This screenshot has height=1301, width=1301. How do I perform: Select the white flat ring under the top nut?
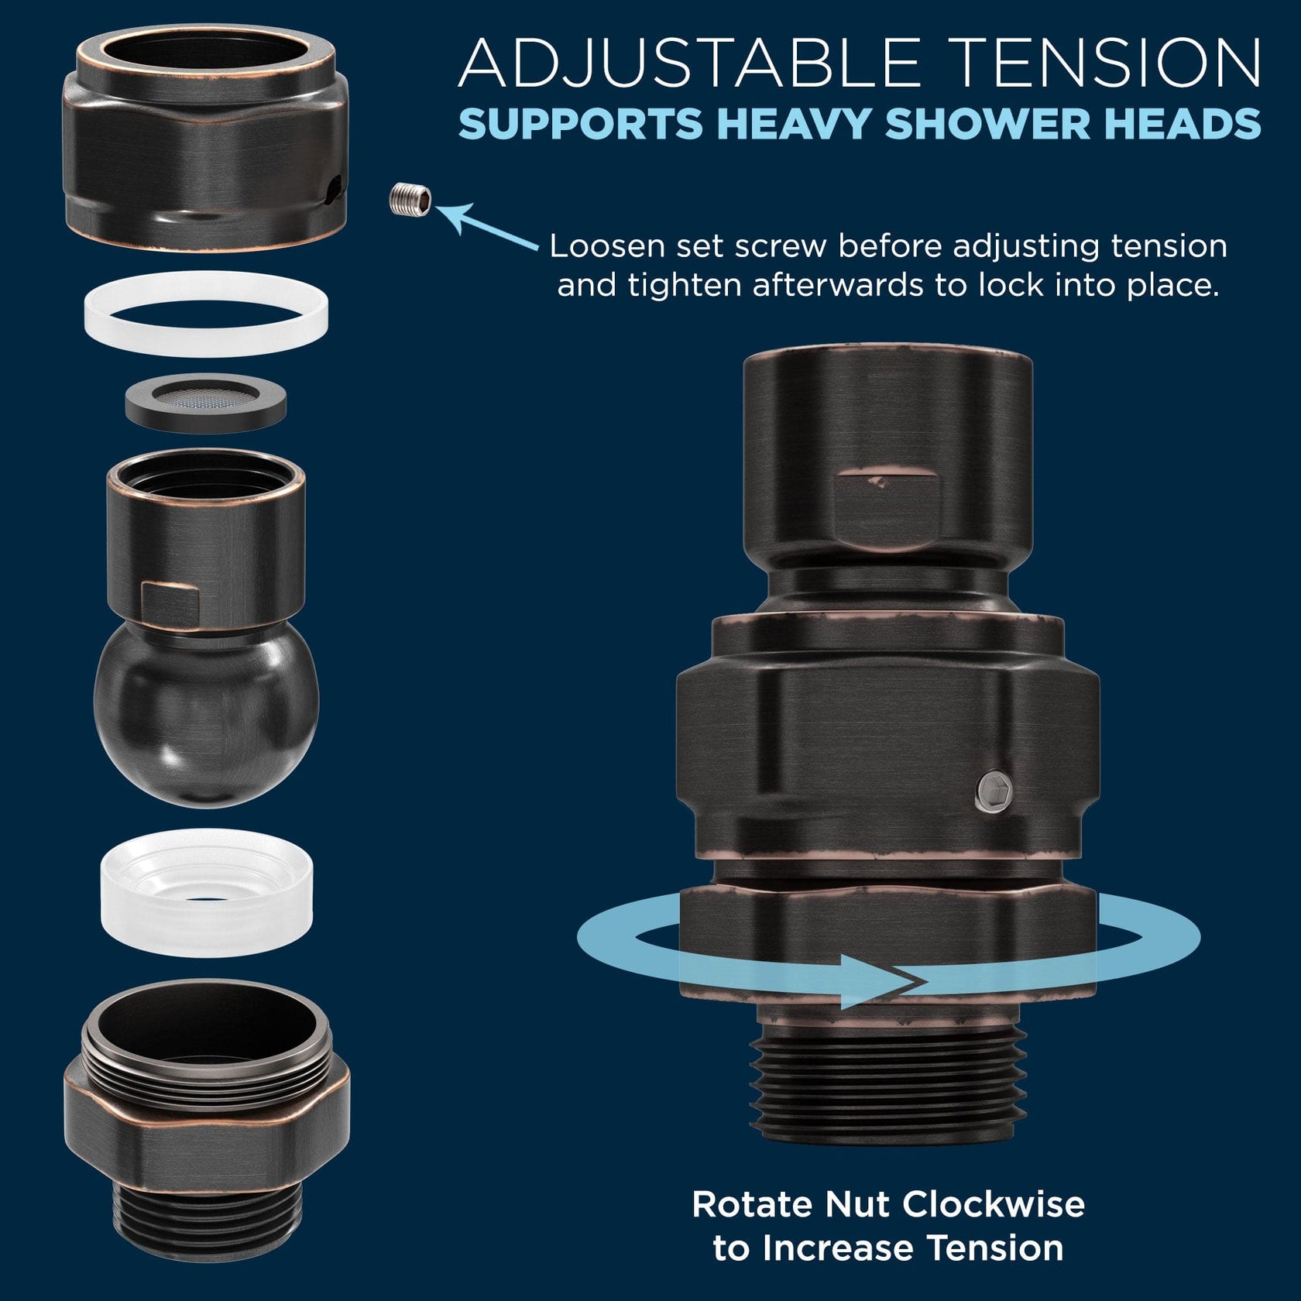click(206, 314)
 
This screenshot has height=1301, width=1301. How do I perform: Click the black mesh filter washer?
click(206, 402)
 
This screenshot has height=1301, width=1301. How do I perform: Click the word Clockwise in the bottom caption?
click(994, 1204)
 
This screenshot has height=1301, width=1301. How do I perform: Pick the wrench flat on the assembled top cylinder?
click(888, 503)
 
